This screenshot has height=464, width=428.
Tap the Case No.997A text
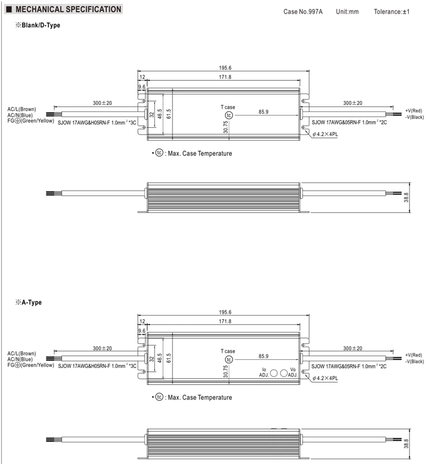point(303,11)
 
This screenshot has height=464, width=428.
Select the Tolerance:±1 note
point(391,11)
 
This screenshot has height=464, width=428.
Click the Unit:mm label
point(347,11)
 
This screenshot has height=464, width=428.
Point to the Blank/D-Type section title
point(38,25)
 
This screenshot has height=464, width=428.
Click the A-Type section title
point(29,302)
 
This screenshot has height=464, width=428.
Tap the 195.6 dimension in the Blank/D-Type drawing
point(225,68)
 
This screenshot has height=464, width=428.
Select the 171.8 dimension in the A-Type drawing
point(225,321)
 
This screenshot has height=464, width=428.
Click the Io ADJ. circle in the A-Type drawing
point(274,373)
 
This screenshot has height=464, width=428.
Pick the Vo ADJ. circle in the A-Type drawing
point(283,373)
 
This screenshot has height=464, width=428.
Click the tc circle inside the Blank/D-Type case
point(229,115)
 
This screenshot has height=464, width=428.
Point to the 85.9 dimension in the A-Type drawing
point(264,356)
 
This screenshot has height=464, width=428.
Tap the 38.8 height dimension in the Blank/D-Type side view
point(406,198)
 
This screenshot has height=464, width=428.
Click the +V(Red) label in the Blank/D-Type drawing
point(414,111)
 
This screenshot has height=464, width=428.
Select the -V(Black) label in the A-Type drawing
point(414,361)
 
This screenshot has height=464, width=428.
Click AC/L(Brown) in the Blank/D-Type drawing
point(22,109)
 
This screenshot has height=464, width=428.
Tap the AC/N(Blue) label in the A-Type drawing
point(20,359)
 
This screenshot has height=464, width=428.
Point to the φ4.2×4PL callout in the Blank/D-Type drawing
point(325,134)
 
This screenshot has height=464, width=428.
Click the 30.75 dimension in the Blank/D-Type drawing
point(226,127)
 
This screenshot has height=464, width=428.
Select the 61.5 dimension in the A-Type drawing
point(169,358)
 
